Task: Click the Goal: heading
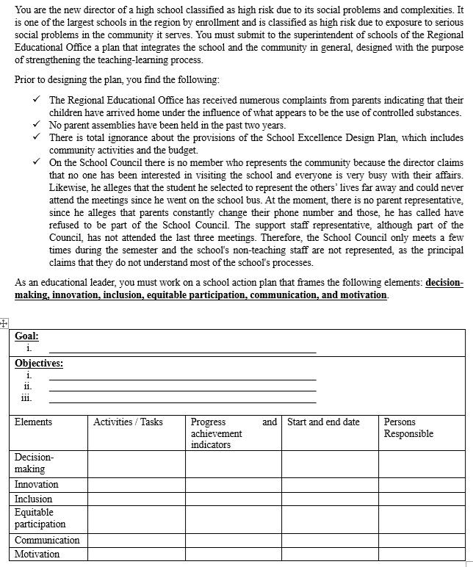pyautogui.click(x=27, y=336)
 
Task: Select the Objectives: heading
pyautogui.click(x=39, y=363)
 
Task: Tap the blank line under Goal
pyautogui.click(x=182, y=351)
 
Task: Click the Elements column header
pyautogui.click(x=33, y=422)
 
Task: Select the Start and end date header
pyautogui.click(x=323, y=422)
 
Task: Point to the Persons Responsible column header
pyautogui.click(x=408, y=427)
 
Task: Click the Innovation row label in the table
pyautogui.click(x=37, y=485)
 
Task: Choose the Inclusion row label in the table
pyautogui.click(x=34, y=499)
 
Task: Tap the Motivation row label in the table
pyautogui.click(x=37, y=554)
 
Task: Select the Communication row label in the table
pyautogui.click(x=47, y=540)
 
